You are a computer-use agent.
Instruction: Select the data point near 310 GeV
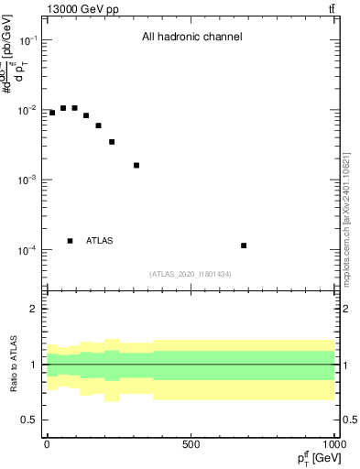(136, 165)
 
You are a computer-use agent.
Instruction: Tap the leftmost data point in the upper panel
(52, 113)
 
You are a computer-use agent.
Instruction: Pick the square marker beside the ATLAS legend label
(71, 241)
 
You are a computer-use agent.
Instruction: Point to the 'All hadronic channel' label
(191, 38)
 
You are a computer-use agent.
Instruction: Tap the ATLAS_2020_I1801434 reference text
(190, 274)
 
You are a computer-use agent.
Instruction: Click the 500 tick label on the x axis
(191, 443)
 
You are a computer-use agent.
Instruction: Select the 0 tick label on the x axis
(47, 443)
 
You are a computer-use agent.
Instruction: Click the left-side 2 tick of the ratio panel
(34, 309)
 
